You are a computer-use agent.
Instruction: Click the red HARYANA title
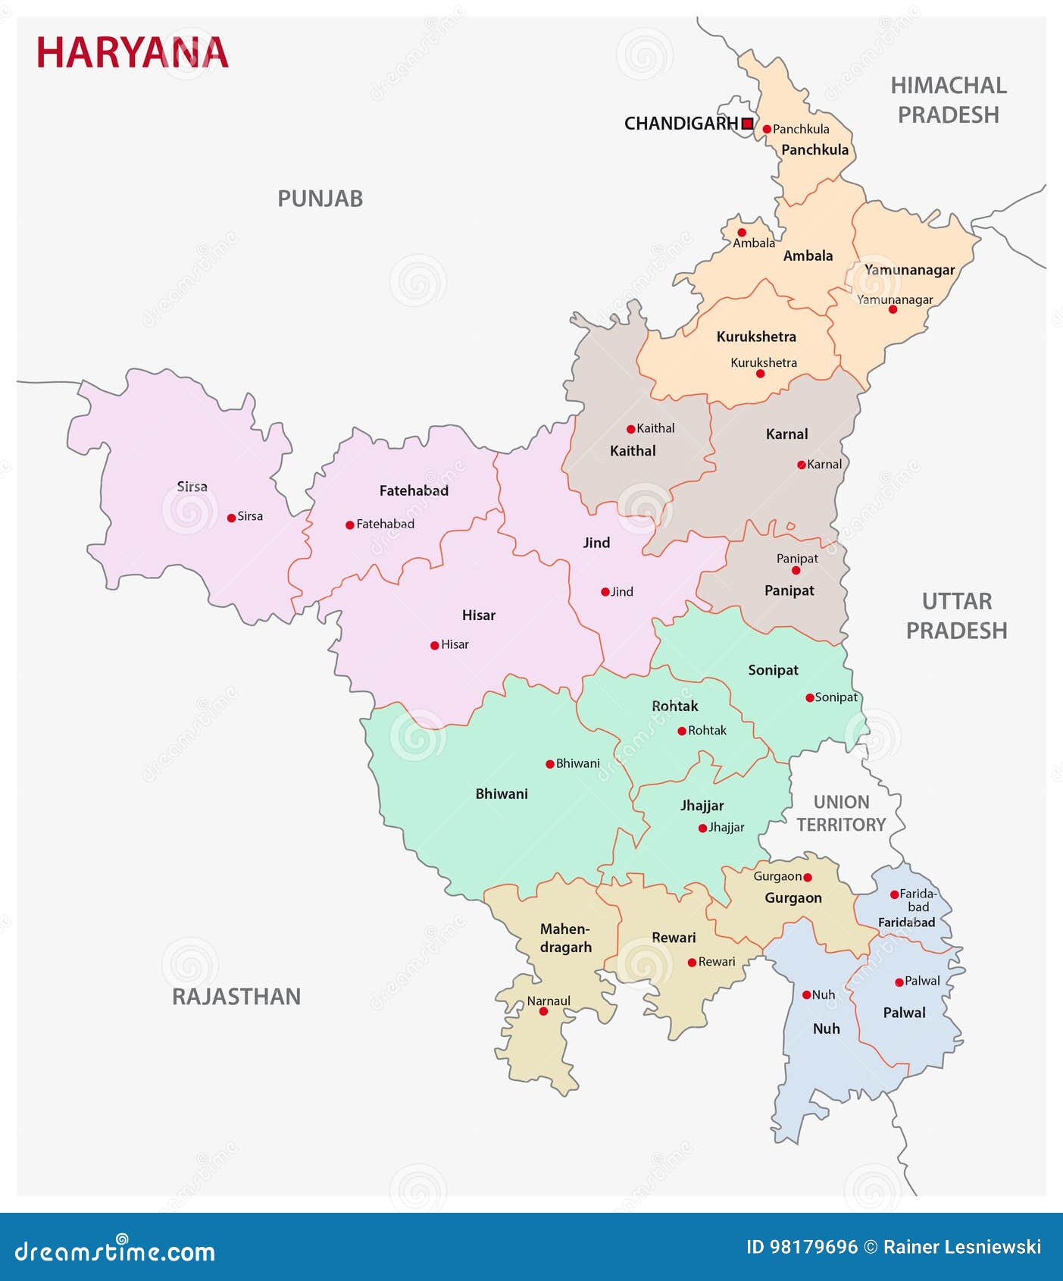(133, 53)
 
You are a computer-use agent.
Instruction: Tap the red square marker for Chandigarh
(747, 123)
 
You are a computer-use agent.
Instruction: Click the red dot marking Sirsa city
(231, 518)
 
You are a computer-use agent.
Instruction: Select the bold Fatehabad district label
(414, 490)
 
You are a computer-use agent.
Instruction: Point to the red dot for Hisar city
(434, 646)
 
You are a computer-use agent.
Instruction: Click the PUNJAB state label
(320, 199)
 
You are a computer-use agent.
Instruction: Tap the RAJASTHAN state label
(236, 996)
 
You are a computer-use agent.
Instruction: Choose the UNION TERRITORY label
(841, 813)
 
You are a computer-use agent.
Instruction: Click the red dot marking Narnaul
(543, 1011)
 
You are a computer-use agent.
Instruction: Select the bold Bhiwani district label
(502, 794)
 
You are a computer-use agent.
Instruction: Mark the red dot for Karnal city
(801, 465)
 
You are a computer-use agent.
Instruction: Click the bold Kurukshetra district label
(756, 337)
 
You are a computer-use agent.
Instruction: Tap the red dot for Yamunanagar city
(893, 309)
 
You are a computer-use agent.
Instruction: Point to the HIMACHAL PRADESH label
(949, 100)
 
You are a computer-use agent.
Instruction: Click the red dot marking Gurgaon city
(807, 877)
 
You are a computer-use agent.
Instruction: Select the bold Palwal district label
(904, 1013)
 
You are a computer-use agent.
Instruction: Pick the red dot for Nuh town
(807, 994)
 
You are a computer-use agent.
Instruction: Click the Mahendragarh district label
(566, 938)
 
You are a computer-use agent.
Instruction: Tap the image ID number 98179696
(813, 1247)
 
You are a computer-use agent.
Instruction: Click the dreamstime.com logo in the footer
(115, 1251)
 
